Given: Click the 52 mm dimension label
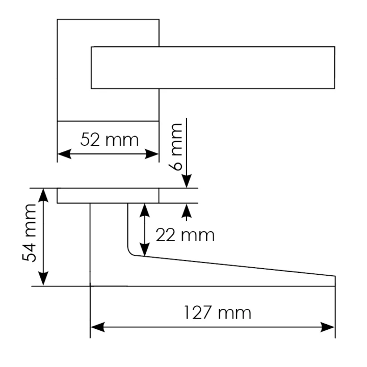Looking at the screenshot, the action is coord(110,140).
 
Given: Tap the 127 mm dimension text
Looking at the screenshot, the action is coord(218,312).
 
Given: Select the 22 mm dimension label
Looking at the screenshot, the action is coord(185,235).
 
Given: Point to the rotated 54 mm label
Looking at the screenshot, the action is coord(29,233).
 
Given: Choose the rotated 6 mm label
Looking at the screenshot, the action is coord(175,147).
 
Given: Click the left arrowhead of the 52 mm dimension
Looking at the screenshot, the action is coord(64,154).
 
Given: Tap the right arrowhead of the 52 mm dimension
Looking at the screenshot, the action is coord(152,154).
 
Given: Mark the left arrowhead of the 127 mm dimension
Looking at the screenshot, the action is coord(97,327).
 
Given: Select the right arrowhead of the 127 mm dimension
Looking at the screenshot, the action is coord(328,327).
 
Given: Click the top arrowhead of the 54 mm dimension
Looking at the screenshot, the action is coord(43,195).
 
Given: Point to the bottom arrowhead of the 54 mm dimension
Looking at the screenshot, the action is coord(43,278).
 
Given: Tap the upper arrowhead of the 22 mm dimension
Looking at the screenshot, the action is coord(145,211).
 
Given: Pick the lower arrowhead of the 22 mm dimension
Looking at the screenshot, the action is coord(145,249).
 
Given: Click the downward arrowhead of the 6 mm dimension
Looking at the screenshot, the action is coord(187,181).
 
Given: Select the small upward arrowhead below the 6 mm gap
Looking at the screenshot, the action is coord(187,211).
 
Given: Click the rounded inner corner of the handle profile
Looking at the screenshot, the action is coord(130,253).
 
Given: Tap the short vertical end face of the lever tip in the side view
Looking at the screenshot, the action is coord(335,281).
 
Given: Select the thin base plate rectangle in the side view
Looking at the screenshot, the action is coord(108,195).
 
